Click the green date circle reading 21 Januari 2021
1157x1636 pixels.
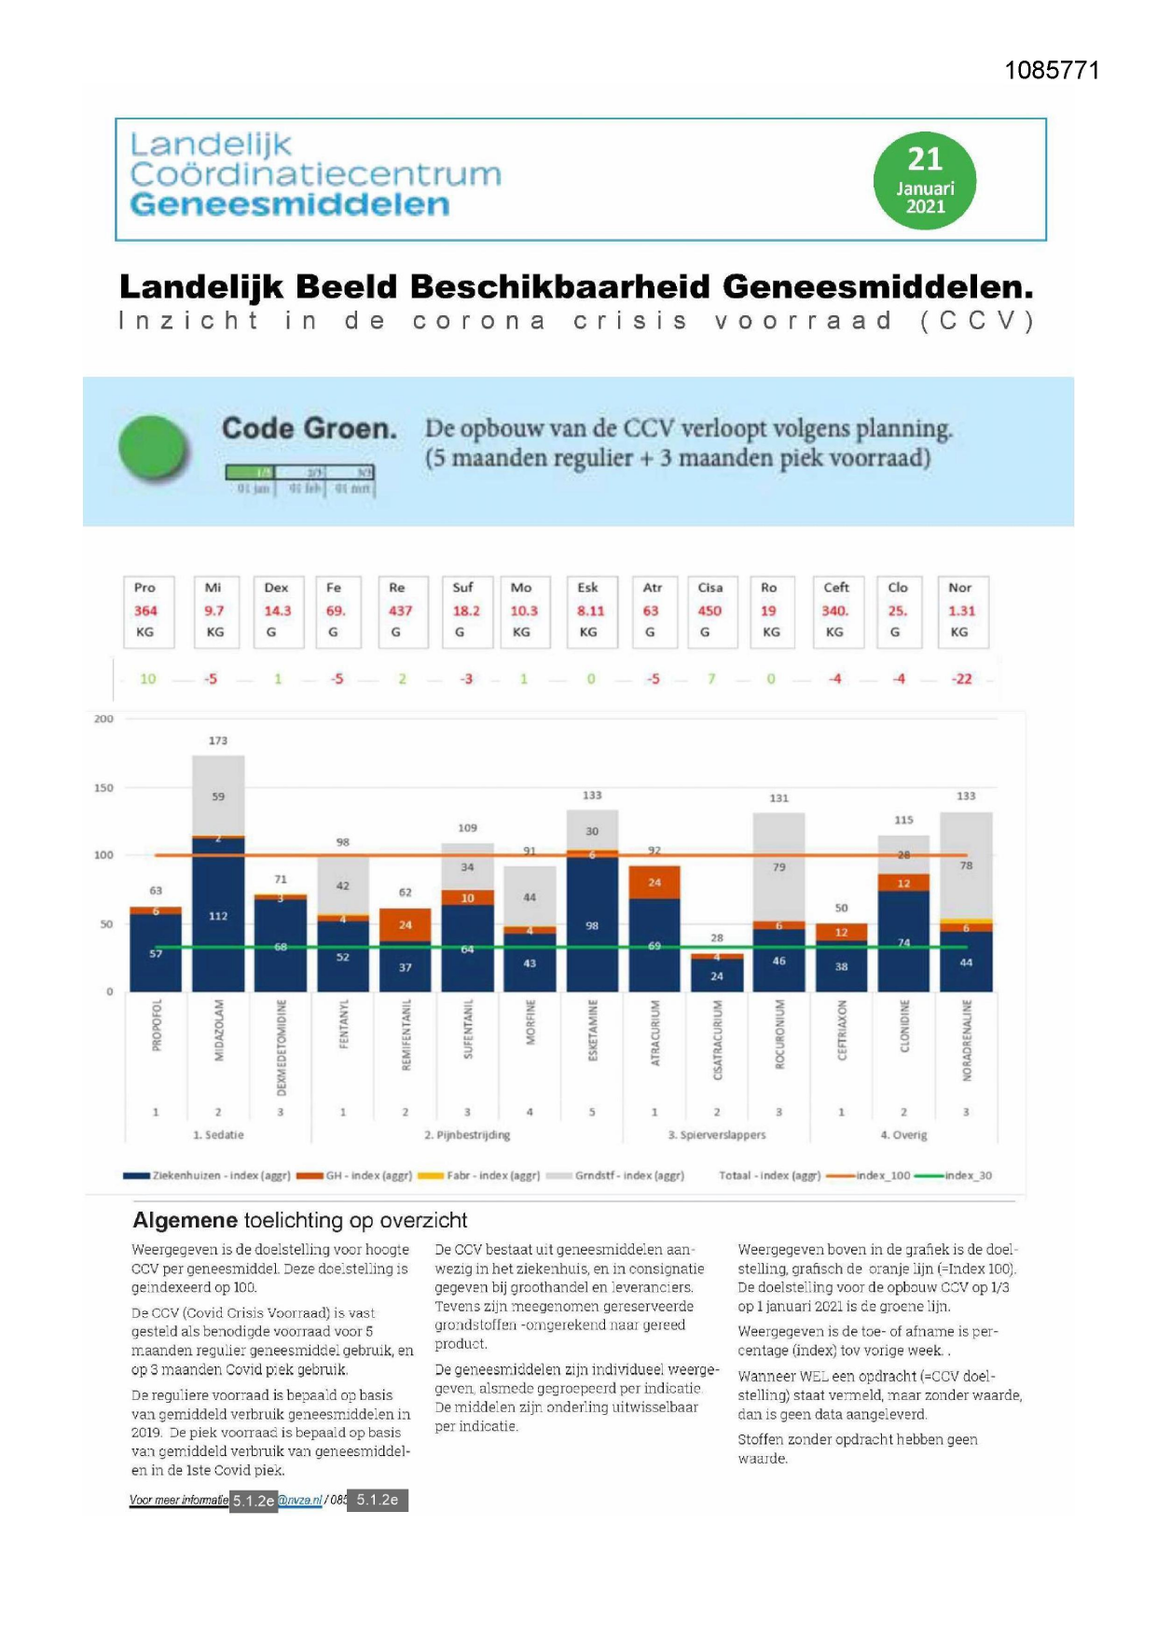click(x=924, y=181)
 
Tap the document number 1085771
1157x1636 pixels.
click(x=1052, y=71)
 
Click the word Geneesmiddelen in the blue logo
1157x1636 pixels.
click(x=290, y=205)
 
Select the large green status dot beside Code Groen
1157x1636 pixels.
click(x=154, y=449)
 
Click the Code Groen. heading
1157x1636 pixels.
click(x=309, y=429)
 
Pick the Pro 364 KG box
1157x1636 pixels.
click(x=145, y=611)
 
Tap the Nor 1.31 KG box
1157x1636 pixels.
click(x=961, y=611)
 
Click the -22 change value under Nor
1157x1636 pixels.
click(x=961, y=679)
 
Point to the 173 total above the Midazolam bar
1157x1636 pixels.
click(x=218, y=741)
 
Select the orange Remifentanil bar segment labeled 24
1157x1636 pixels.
click(x=405, y=924)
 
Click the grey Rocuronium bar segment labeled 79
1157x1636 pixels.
click(x=778, y=867)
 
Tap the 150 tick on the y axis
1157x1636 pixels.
click(x=103, y=788)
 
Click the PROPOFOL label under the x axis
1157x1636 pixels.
click(x=157, y=1025)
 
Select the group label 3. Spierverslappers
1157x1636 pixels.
click(x=717, y=1135)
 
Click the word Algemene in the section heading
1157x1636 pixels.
click(x=185, y=1220)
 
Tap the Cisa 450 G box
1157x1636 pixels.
click(x=709, y=611)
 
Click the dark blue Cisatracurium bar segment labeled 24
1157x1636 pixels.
click(x=716, y=976)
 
